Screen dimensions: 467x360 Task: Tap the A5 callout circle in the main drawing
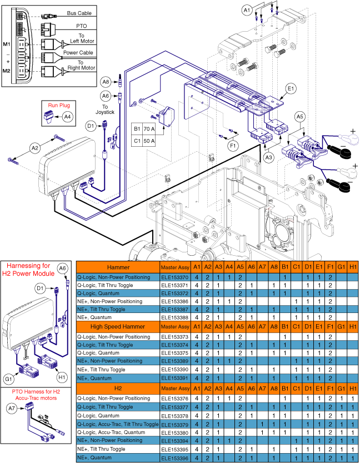point(299,117)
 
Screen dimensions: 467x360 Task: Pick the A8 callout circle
point(106,82)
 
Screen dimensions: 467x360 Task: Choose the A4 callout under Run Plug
point(67,117)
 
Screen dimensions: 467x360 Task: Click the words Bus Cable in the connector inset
point(79,13)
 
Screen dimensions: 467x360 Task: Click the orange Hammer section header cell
point(117,267)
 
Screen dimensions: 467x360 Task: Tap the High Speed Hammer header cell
point(117,326)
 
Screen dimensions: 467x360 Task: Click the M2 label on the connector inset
point(7,71)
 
